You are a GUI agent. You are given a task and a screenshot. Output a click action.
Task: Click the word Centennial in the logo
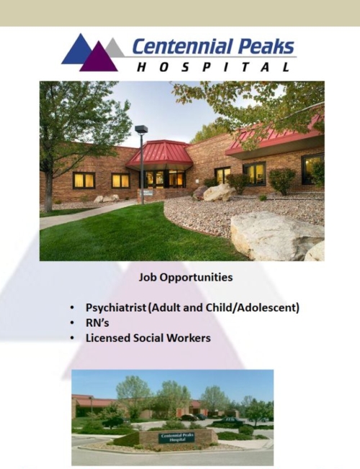[182, 46]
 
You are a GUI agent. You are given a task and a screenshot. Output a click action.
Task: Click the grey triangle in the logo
[115, 48]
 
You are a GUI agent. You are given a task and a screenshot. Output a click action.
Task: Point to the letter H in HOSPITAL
[142, 67]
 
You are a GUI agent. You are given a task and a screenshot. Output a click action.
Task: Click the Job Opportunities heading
[186, 277]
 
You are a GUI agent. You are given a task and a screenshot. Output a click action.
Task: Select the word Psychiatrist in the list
[116, 308]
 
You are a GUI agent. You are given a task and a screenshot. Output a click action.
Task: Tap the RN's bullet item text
[97, 323]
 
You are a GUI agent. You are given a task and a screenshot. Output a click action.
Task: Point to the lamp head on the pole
[141, 129]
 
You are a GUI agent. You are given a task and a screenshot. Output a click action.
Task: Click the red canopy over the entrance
[159, 155]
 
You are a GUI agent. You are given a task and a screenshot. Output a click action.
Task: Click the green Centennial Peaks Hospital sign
[177, 437]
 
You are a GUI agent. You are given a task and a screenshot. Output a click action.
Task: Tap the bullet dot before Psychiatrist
[72, 308]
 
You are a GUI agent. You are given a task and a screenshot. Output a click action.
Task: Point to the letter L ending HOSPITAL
[286, 67]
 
